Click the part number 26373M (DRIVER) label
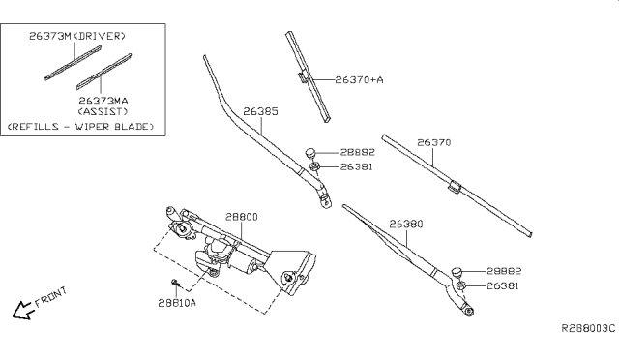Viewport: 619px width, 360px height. click(77, 36)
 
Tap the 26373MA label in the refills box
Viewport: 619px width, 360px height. click(103, 101)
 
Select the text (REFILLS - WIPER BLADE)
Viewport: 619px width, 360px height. click(80, 127)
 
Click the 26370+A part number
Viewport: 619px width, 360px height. click(359, 79)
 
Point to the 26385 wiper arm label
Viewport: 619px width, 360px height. click(260, 111)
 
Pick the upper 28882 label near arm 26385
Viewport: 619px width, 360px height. click(358, 152)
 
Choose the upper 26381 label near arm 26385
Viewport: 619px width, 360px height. click(357, 166)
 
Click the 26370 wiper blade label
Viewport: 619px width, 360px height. click(434, 142)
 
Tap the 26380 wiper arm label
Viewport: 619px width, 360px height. click(406, 225)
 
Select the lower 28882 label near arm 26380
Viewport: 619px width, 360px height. click(504, 271)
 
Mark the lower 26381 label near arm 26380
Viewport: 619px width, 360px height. click(503, 285)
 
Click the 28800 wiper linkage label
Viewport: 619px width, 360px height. click(242, 217)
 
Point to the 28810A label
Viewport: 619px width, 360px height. click(177, 303)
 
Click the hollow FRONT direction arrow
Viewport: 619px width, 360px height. click(20, 311)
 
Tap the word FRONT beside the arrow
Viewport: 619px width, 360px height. click(51, 297)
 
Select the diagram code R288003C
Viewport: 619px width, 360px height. click(588, 328)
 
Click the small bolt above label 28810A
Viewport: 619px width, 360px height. click(176, 283)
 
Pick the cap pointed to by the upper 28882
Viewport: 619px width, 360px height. click(310, 152)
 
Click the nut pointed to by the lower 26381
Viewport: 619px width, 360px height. click(460, 285)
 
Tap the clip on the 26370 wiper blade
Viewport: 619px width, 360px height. click(456, 188)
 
